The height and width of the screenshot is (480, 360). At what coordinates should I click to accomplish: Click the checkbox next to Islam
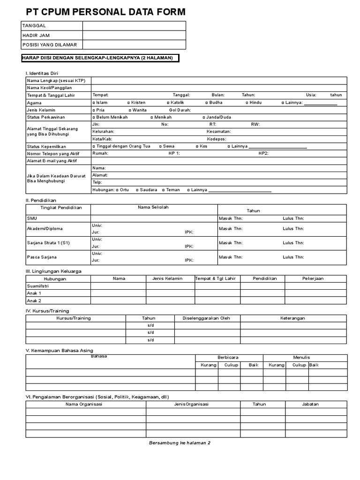tap(94, 103)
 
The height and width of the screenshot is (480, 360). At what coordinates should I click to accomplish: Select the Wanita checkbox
tap(130, 110)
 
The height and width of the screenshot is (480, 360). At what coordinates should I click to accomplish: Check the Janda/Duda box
tap(204, 117)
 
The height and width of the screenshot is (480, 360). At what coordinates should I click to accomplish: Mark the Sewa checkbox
tap(160, 146)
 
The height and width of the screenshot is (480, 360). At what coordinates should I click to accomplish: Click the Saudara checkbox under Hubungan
tap(137, 190)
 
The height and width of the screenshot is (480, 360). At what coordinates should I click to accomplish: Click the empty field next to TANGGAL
tap(134, 25)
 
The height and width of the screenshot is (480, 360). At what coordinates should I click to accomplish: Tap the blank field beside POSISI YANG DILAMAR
tap(134, 45)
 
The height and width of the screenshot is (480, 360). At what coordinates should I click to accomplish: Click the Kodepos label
tap(217, 139)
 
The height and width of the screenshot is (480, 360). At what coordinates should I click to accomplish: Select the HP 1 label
tap(174, 153)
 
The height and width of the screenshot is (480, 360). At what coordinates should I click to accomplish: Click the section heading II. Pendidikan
tap(41, 200)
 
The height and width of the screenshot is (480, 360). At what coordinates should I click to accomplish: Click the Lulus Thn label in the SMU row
tap(293, 218)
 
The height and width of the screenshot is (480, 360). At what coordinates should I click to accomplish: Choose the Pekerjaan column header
tap(313, 278)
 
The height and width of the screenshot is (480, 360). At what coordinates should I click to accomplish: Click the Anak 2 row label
tap(34, 300)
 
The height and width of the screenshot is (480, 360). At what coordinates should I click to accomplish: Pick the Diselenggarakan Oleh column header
tap(206, 318)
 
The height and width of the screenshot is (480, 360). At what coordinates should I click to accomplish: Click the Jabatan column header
tap(310, 404)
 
